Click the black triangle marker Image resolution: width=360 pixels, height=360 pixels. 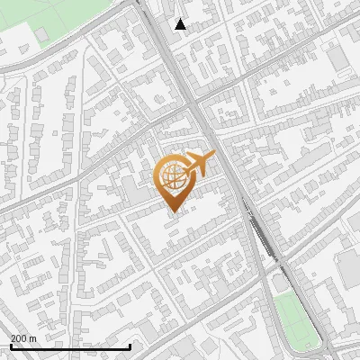coord(181,24)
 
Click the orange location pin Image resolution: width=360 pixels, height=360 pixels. coord(175,181)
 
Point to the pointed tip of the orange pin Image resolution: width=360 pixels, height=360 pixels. coord(175,211)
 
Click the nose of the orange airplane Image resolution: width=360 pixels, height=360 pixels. coord(213,155)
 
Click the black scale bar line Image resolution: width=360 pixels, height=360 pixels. coord(70,346)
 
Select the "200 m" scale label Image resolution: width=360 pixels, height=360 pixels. coord(23,338)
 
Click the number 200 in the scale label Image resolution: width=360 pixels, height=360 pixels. coord(19,338)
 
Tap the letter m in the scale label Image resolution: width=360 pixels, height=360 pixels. coord(33,338)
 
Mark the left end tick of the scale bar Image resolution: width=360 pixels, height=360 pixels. coord(10,346)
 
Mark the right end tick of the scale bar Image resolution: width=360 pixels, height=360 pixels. coord(130,346)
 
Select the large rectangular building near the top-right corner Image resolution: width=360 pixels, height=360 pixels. coord(338,58)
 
